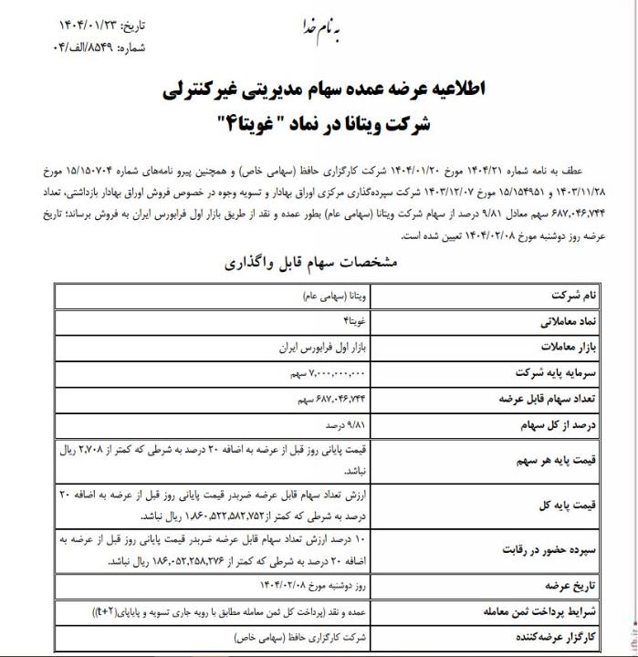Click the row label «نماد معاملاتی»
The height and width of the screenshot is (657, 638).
(x=545, y=324)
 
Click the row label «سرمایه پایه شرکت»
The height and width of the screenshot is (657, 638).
(x=538, y=374)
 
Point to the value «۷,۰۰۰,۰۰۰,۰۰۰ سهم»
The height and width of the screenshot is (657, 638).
(x=323, y=374)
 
